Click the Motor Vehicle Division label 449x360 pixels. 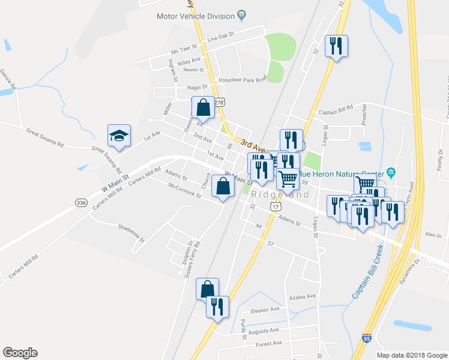[196, 17]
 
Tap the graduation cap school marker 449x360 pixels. [119, 136]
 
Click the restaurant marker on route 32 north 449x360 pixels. [336, 46]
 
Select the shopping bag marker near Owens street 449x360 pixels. [203, 107]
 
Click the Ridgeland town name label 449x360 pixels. [280, 195]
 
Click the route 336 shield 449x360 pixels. [82, 203]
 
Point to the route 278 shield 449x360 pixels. [221, 103]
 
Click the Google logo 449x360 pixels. [20, 353]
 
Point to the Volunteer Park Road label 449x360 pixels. [242, 79]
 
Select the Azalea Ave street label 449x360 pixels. [302, 296]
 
